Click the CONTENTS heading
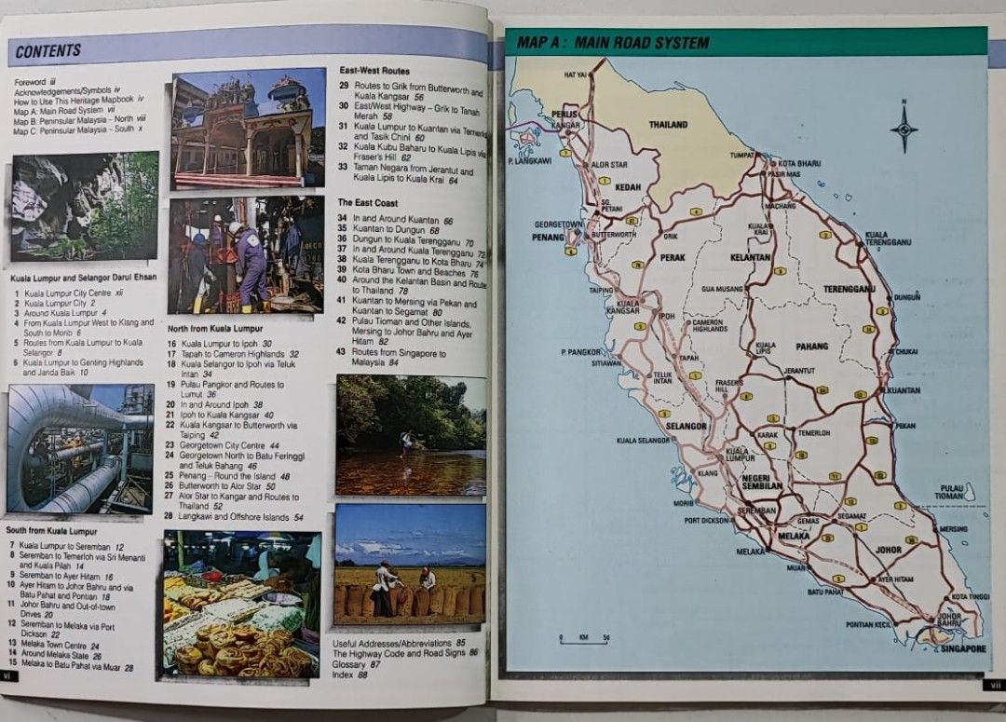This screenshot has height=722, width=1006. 48,50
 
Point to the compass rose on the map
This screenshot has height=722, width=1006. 903,128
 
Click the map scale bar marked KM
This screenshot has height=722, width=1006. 583,639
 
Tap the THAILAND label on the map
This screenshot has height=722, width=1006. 668,124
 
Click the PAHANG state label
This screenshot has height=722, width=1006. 811,347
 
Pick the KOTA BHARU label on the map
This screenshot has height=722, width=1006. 799,163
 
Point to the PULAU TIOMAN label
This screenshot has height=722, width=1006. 951,491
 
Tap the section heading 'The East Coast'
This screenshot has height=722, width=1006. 367,202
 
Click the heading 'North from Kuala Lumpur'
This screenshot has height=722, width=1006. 214,329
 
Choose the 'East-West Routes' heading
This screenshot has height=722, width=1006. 374,71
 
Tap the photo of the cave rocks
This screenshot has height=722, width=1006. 85,206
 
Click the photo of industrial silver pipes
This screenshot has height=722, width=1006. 80,448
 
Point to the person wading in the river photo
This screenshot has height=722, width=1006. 405,442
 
